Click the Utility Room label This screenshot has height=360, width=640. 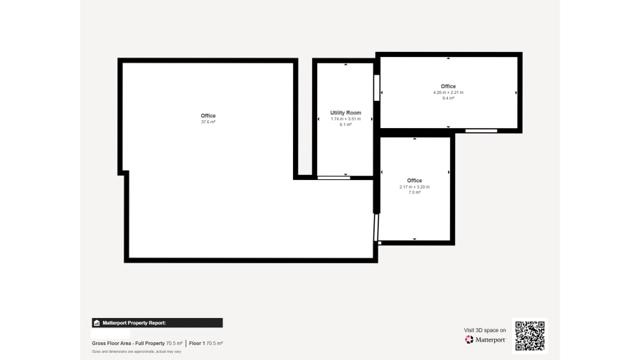[x=346, y=112]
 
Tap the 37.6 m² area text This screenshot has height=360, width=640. [x=208, y=122]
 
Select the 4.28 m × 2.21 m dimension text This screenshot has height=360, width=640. [x=448, y=92]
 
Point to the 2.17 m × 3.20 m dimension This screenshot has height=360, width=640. [x=414, y=186]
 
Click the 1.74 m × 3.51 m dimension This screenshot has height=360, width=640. [x=346, y=119]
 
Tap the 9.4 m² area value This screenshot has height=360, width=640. [x=448, y=98]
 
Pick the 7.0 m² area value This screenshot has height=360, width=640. [x=414, y=192]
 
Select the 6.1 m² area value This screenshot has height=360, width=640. [x=346, y=125]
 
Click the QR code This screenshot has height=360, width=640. [x=530, y=335]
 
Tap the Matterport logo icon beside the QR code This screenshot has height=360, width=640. [x=469, y=339]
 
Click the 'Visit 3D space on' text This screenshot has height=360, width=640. [x=485, y=330]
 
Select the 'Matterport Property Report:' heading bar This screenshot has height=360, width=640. [x=157, y=322]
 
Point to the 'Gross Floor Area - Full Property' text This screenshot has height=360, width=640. [x=128, y=343]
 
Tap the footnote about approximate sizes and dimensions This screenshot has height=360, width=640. [x=137, y=351]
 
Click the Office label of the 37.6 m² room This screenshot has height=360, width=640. [x=208, y=115]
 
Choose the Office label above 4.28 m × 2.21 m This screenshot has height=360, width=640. [x=448, y=86]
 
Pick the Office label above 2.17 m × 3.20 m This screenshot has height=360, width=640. [x=414, y=180]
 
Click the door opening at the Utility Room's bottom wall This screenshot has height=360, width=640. [x=334, y=177]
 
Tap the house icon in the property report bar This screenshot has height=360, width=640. [x=97, y=322]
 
